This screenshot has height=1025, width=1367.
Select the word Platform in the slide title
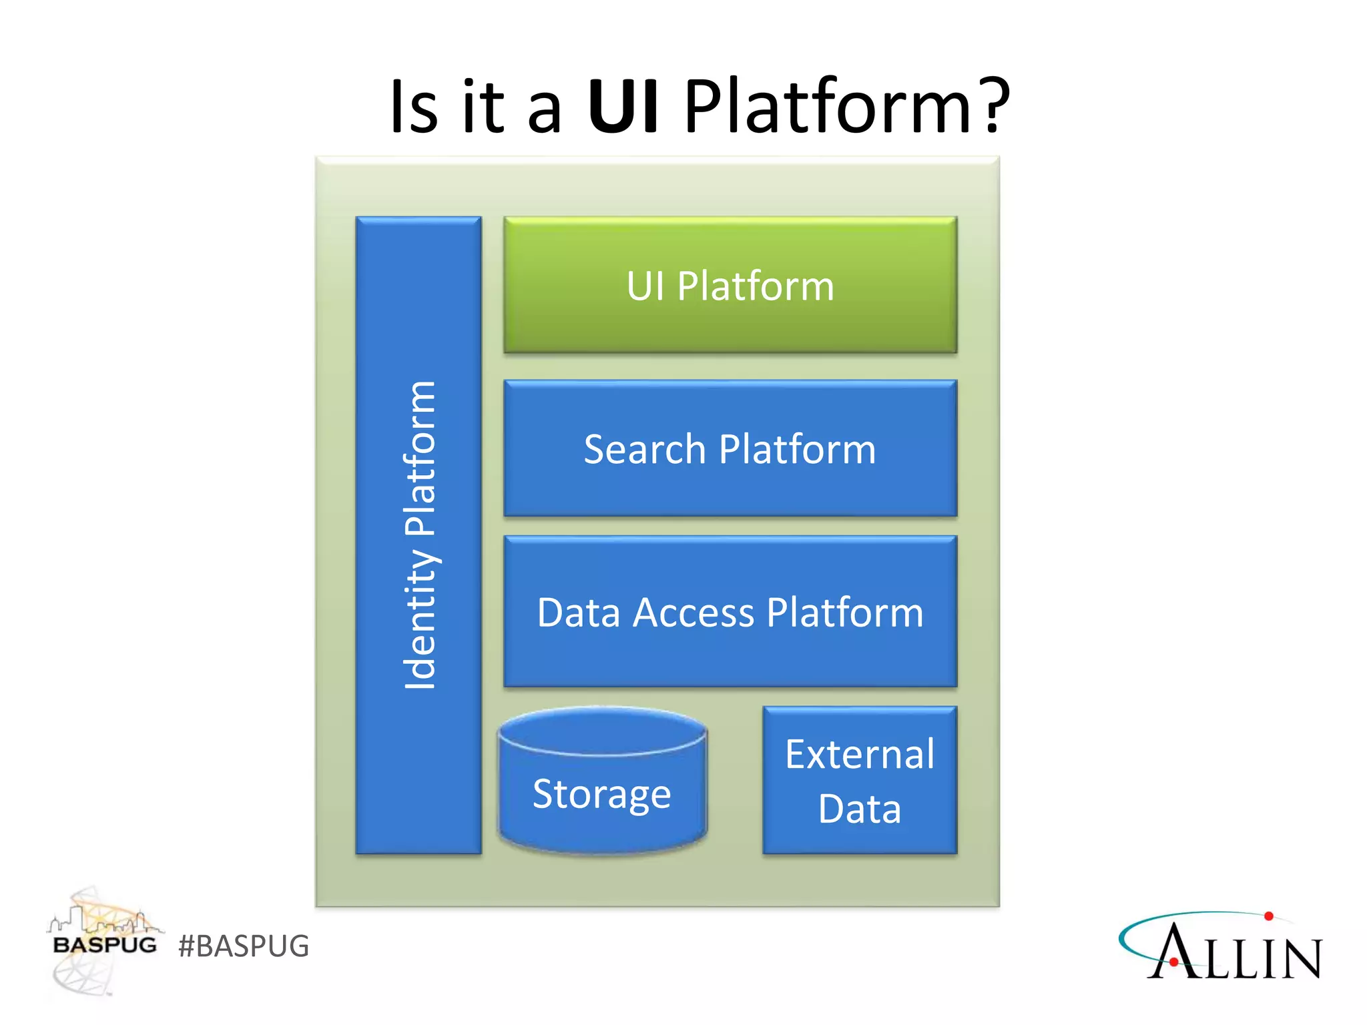coord(828,107)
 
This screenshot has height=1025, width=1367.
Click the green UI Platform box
coord(730,285)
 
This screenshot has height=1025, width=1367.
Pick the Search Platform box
coord(730,448)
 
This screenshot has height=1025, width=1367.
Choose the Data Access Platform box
coord(730,612)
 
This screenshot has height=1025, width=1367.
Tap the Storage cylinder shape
coord(602,787)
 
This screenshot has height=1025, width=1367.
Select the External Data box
coord(860,780)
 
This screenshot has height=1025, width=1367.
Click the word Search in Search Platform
coord(644,449)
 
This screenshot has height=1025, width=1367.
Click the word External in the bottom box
coord(860,755)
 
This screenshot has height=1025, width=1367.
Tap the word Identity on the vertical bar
coord(420,621)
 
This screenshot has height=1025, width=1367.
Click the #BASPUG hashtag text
coord(244,946)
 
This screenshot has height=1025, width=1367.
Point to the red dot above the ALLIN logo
coord(1268,916)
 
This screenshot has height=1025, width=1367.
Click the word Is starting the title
coord(413,107)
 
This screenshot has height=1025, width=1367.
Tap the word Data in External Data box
coord(860,809)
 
